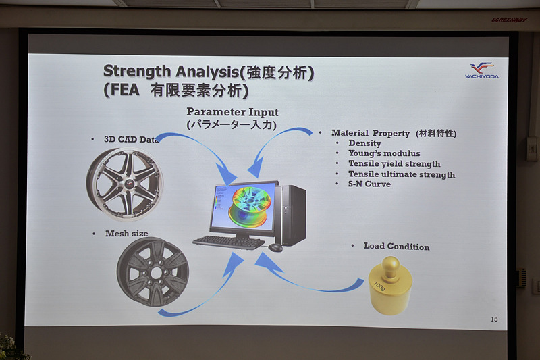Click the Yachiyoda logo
click(x=482, y=70)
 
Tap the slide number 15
click(x=494, y=319)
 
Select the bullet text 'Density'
click(x=364, y=143)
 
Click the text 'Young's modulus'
click(x=384, y=153)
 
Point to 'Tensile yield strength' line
click(x=394, y=163)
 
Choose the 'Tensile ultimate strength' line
click(x=402, y=174)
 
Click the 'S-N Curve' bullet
click(x=369, y=184)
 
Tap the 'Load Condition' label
click(x=396, y=247)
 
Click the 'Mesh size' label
click(x=126, y=234)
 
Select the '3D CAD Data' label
click(x=131, y=139)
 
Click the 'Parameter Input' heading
click(x=232, y=112)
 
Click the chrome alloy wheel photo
click(x=125, y=182)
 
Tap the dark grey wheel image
click(x=153, y=272)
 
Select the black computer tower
click(x=292, y=215)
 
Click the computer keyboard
click(x=228, y=241)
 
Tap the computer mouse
click(x=275, y=247)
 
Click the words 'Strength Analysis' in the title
click(x=157, y=72)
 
